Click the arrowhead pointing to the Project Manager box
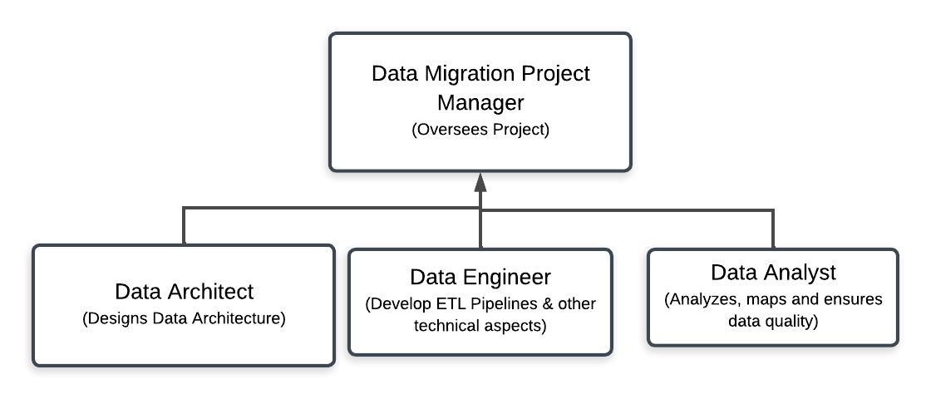pos(480,182)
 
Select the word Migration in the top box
pos(457,74)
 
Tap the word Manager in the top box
pos(480,103)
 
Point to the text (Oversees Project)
pos(480,130)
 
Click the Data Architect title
pos(184,292)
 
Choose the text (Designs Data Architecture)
pos(184,319)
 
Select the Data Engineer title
pos(480,277)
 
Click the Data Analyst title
pos(773,273)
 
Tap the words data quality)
pos(773,321)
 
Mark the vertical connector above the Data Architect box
pos(184,226)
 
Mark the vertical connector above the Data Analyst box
pos(773,229)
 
